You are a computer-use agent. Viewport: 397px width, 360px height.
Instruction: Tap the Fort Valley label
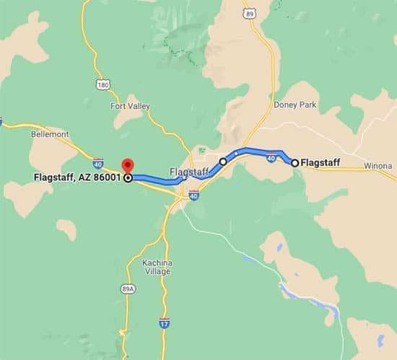click(130, 106)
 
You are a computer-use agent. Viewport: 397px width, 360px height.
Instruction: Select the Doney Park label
click(295, 105)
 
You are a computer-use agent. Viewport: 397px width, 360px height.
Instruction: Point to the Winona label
click(378, 165)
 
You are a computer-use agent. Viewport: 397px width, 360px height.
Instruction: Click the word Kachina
click(157, 261)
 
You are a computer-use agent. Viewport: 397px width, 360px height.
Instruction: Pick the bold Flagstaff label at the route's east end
click(320, 162)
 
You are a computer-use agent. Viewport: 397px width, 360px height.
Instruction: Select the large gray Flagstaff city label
click(188, 172)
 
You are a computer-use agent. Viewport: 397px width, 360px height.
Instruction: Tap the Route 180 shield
click(103, 84)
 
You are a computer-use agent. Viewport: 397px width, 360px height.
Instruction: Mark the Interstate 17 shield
click(165, 322)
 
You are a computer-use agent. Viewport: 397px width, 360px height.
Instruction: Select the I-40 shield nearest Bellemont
click(97, 164)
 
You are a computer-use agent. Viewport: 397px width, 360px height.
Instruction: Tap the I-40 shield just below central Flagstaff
click(193, 195)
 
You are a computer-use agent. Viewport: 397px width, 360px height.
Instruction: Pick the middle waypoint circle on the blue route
click(224, 162)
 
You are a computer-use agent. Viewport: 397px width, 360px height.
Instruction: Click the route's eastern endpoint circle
click(295, 162)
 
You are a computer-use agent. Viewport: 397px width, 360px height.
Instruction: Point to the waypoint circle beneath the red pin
click(128, 177)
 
